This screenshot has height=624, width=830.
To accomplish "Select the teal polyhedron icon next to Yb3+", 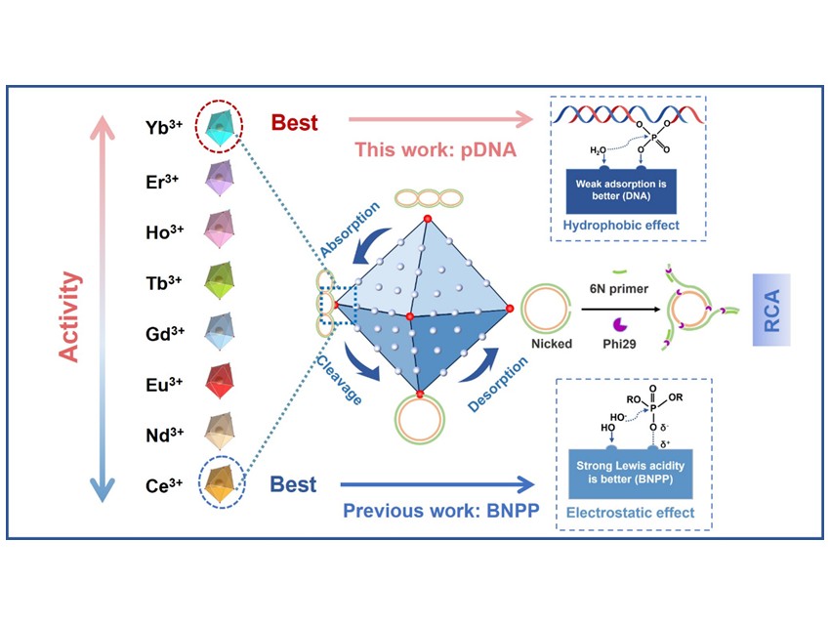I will pos(223,127).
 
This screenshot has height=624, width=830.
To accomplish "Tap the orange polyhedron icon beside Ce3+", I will pos(223,481).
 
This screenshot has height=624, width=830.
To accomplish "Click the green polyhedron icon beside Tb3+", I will pos(223,278).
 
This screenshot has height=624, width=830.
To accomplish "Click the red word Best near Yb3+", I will pos(294,125).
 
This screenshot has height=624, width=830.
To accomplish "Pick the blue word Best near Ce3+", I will pos(293,484).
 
